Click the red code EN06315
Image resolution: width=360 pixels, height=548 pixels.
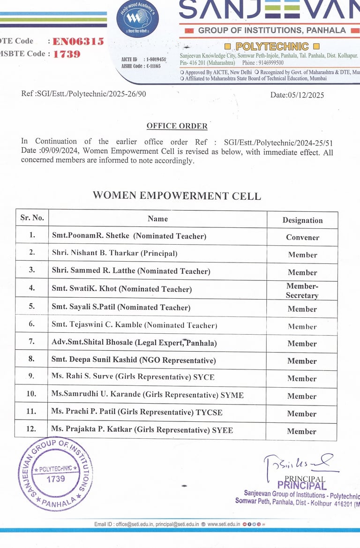(x=78, y=42)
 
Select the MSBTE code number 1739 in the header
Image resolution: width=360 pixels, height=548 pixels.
(x=67, y=54)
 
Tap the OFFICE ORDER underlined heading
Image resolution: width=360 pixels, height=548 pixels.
(x=177, y=126)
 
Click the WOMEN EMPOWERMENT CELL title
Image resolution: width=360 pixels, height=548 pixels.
(x=177, y=196)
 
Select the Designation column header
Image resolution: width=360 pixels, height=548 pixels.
(x=302, y=220)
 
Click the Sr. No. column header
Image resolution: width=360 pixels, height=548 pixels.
(x=32, y=218)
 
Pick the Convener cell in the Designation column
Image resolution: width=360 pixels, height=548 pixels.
(x=302, y=238)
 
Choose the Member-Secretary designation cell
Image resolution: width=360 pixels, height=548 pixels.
(x=302, y=291)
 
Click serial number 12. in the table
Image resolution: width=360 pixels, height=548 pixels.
(x=31, y=429)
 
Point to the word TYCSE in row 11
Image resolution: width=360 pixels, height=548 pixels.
(x=210, y=413)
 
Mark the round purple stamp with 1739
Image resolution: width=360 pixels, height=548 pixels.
(x=55, y=473)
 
